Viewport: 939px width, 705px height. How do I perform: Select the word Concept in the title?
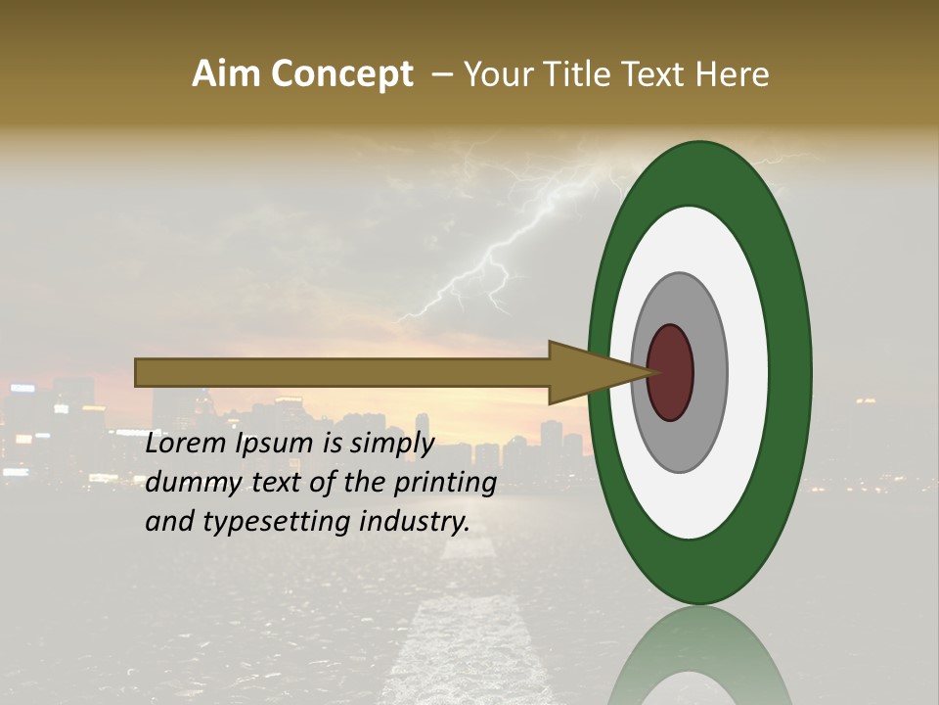pos(342,74)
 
